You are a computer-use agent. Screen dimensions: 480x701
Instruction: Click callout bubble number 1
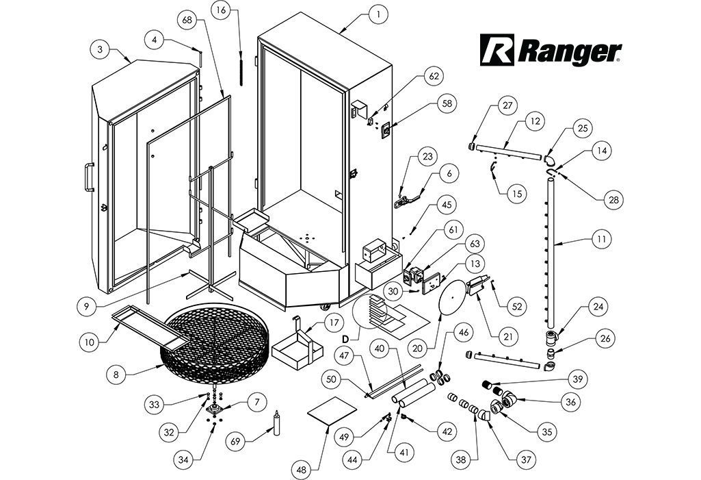click(378, 13)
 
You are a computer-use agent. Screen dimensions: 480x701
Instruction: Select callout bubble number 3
click(100, 49)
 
